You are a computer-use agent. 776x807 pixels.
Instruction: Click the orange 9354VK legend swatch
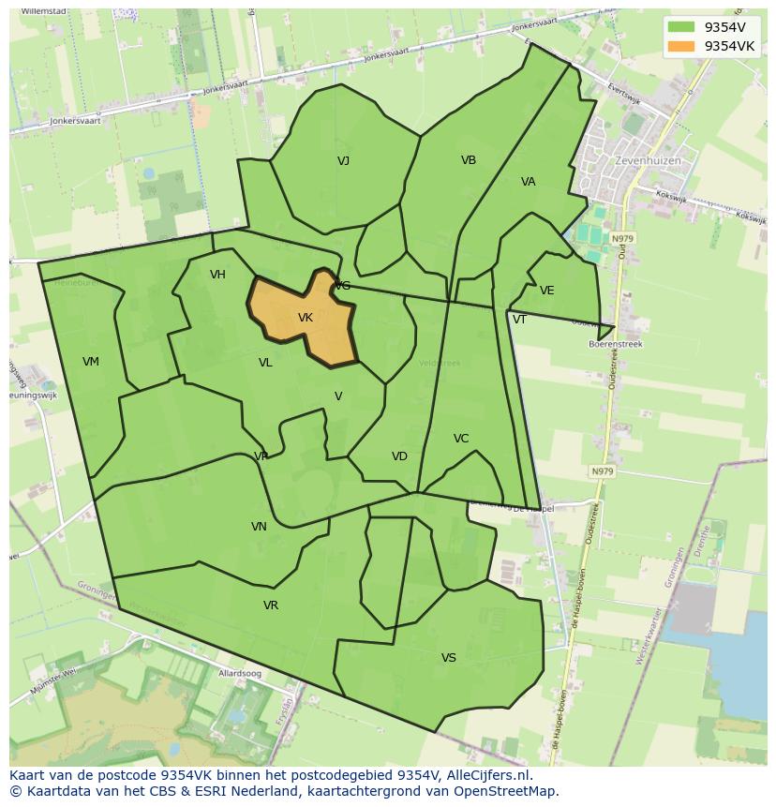(x=681, y=46)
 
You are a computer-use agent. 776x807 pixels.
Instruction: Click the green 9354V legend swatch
(x=681, y=27)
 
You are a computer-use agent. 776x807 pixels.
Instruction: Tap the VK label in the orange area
(x=306, y=318)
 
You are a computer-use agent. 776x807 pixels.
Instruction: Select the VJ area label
(x=344, y=161)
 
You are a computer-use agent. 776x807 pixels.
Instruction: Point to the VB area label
(x=469, y=160)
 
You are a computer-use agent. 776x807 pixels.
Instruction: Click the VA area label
(x=529, y=182)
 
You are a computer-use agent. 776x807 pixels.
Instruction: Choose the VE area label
(x=547, y=291)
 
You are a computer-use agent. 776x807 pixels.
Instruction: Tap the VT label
(x=519, y=320)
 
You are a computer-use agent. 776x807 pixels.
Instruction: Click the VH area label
(x=218, y=275)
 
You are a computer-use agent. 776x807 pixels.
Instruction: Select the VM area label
(x=91, y=362)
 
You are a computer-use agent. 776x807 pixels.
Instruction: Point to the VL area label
(x=265, y=363)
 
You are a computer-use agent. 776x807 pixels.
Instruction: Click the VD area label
(x=400, y=456)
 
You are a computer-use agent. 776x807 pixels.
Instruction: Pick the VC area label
(x=461, y=439)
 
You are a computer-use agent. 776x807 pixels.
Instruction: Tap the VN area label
(x=260, y=527)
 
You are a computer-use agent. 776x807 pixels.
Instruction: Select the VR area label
(x=271, y=605)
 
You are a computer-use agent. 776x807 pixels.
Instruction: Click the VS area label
(x=449, y=658)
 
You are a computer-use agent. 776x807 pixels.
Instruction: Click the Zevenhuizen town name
(x=648, y=160)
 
